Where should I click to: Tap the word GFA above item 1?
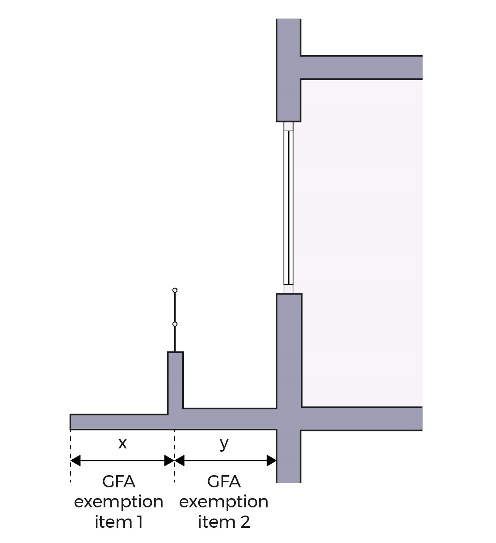(119, 482)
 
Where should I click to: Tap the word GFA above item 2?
(224, 482)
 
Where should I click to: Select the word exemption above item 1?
(119, 502)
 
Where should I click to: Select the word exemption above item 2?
(224, 502)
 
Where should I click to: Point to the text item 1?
(119, 522)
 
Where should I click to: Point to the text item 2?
(224, 522)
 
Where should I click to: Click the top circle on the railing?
(175, 290)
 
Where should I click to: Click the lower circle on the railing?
(175, 324)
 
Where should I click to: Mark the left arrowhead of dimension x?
(75, 461)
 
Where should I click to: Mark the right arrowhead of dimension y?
(271, 461)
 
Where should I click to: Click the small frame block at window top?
(288, 126)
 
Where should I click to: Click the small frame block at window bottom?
(288, 289)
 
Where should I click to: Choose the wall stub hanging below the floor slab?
(288, 456)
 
